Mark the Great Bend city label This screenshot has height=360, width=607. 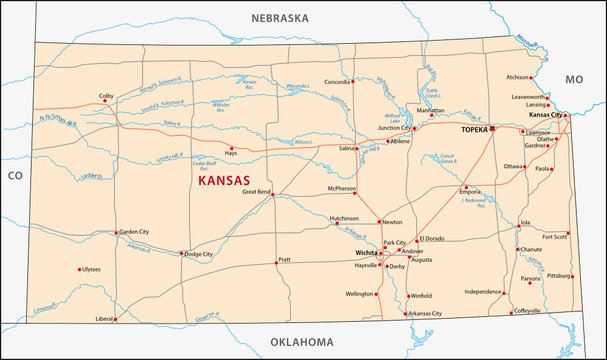[250, 191]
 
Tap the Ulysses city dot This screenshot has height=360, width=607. [79, 269]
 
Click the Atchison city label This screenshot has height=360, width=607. [518, 76]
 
